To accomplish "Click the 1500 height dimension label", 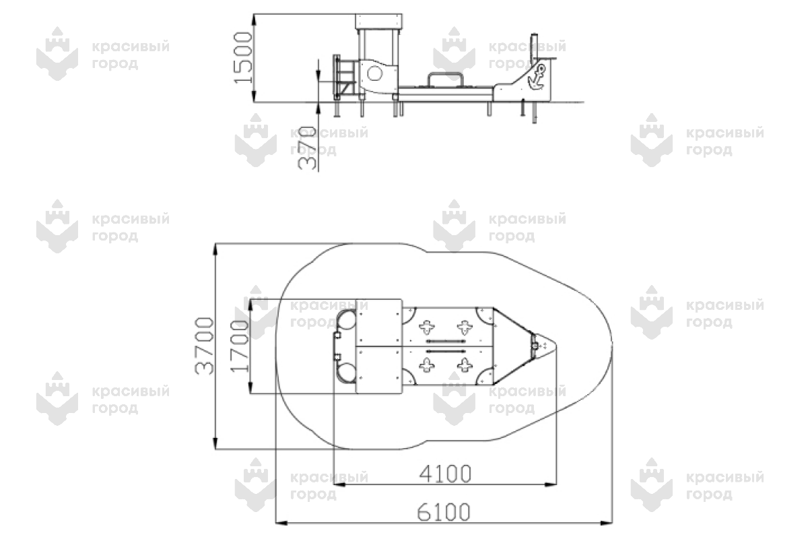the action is (243, 58).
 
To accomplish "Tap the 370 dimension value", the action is (307, 148).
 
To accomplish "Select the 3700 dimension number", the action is (204, 346).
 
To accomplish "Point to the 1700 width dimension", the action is (239, 346).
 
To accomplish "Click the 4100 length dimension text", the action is (445, 473).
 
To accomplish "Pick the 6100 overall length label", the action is (443, 511).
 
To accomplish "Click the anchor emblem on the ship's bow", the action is (537, 77).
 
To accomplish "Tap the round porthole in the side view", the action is (374, 74).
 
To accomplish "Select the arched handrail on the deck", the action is (446, 75).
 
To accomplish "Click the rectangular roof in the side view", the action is (378, 22).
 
